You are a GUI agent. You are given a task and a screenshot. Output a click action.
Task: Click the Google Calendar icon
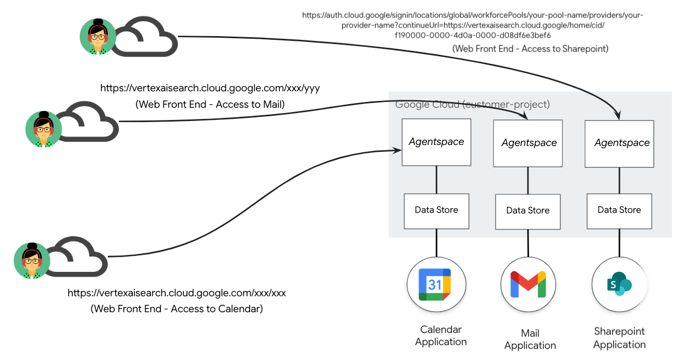(435, 284)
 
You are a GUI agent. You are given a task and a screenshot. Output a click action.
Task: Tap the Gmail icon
(527, 284)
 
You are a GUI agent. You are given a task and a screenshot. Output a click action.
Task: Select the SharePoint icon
(619, 285)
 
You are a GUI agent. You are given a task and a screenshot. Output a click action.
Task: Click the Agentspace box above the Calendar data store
(437, 142)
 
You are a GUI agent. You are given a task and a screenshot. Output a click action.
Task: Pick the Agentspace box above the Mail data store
(528, 143)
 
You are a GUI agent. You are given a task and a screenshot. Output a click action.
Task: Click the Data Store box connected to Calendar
(437, 210)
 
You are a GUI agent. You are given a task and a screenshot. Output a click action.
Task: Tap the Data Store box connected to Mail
(528, 211)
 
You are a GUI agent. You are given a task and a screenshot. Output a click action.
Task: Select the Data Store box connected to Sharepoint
(619, 210)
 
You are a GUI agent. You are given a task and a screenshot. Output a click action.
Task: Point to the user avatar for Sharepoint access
(98, 37)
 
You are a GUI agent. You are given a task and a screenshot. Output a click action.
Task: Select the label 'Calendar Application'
(441, 336)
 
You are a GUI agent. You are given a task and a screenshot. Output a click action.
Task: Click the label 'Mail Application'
(530, 339)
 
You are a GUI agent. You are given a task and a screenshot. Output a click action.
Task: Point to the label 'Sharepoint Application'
(619, 338)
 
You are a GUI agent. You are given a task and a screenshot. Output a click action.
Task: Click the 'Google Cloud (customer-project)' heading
(472, 105)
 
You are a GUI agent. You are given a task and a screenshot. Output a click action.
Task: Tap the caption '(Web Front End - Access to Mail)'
(210, 105)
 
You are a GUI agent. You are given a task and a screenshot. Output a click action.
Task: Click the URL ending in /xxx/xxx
(177, 293)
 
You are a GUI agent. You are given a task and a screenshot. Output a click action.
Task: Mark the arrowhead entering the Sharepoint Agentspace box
(618, 115)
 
